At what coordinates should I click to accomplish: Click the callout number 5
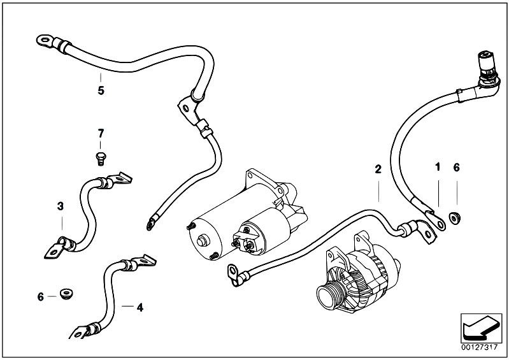101,90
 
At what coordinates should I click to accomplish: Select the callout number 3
61,206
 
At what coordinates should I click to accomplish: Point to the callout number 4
140,307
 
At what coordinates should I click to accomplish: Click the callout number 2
378,169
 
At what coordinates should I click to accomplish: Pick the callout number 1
437,168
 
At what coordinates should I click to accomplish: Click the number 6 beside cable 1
456,168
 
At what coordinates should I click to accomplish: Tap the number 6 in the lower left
40,296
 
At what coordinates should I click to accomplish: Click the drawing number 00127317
480,348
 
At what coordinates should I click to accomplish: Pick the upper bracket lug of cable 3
121,182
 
